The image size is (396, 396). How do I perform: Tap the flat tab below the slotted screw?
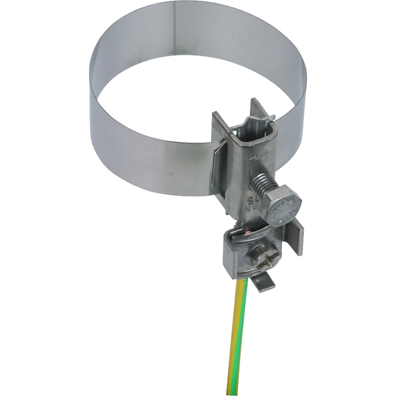click(x=263, y=284)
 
